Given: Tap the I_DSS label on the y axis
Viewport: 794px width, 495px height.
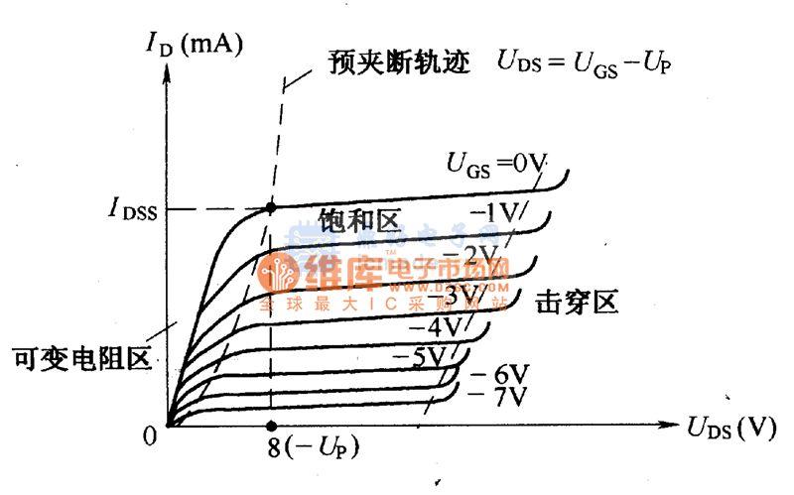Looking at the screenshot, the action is pyautogui.click(x=139, y=210).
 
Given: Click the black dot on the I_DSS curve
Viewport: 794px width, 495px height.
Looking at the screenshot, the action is pyautogui.click(x=270, y=208).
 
